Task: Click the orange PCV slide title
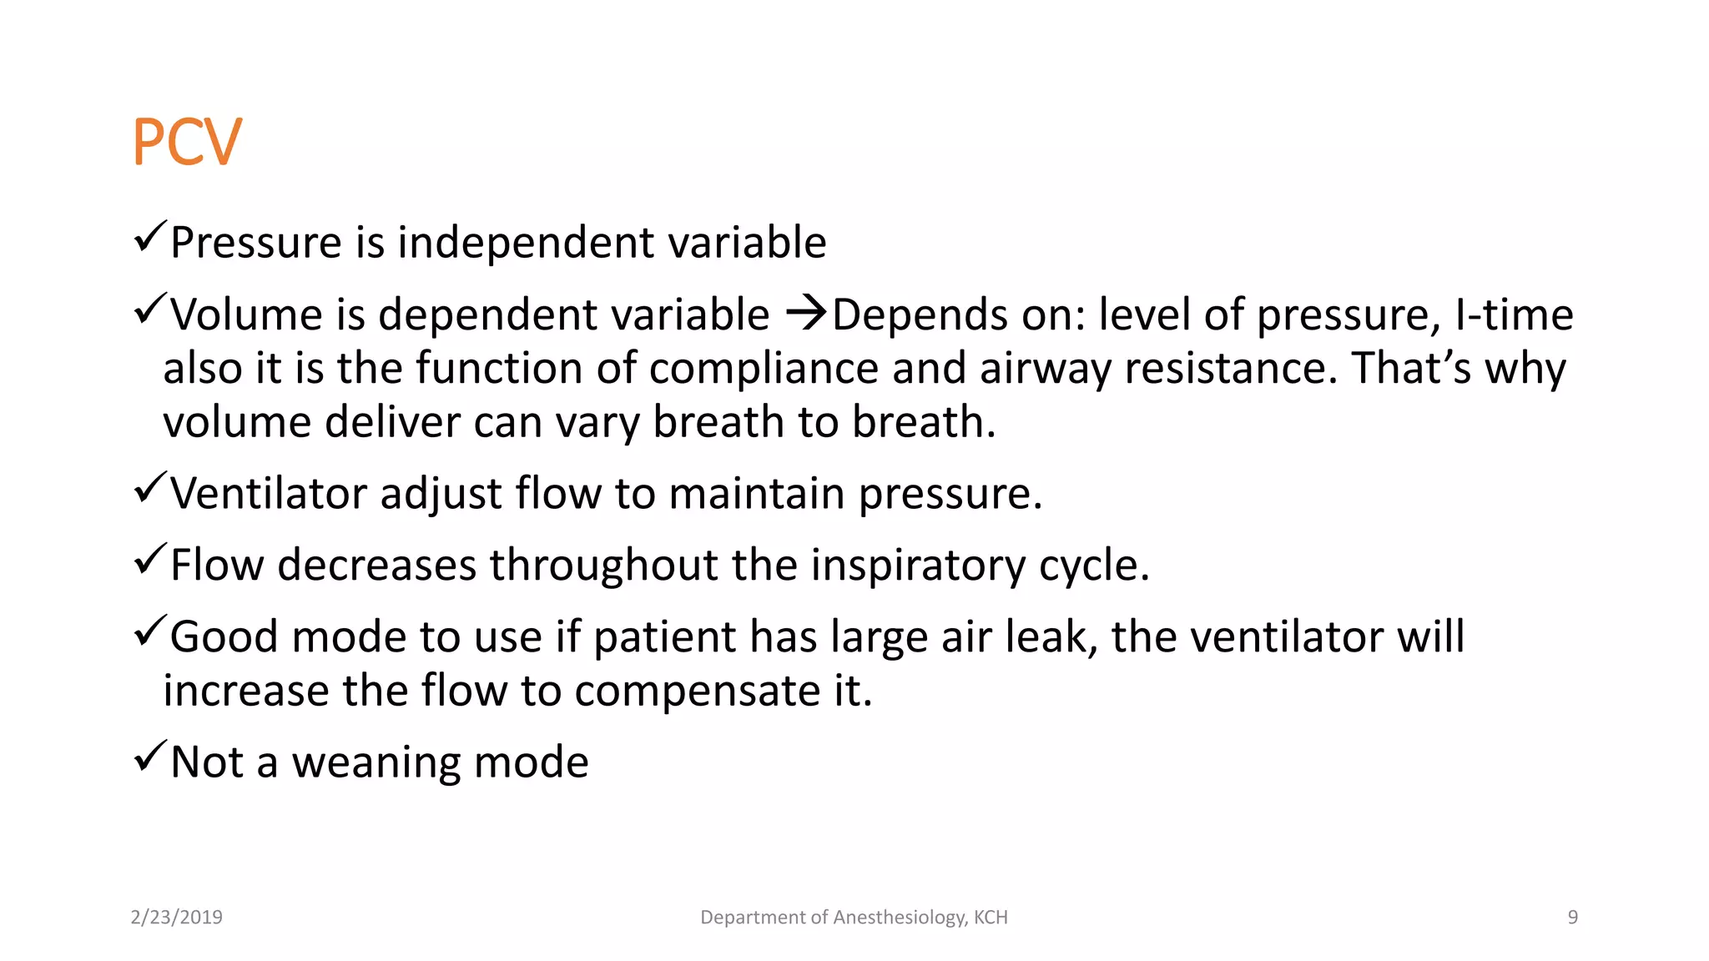187,142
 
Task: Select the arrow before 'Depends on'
806,314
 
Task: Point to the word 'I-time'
1514,314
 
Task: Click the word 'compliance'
763,369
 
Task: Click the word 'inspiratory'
917,566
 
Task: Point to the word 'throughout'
602,566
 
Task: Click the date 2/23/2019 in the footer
177,918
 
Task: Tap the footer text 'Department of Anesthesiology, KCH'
854,918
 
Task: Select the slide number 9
1572,918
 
